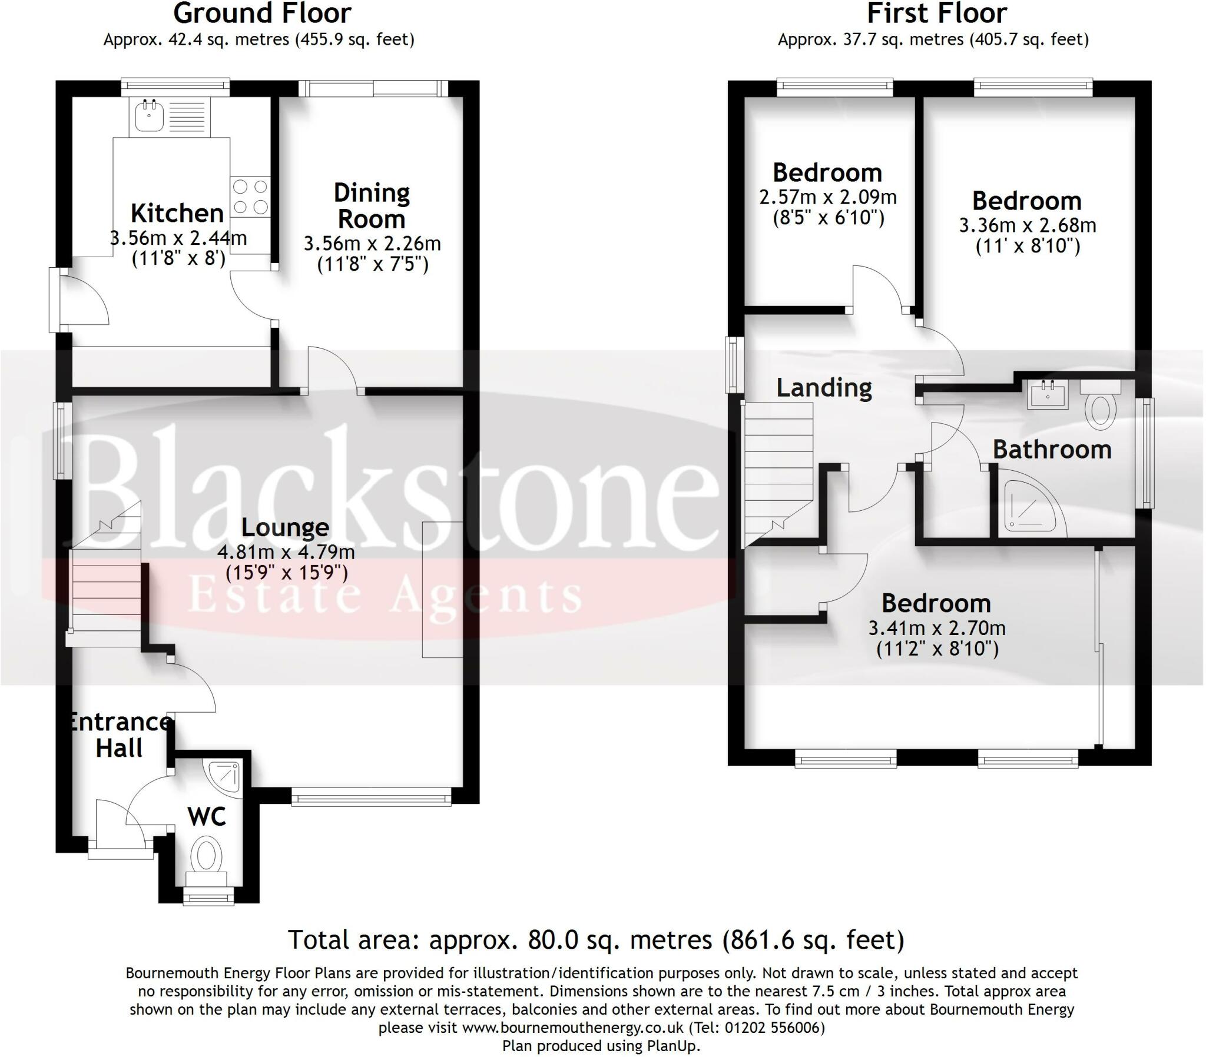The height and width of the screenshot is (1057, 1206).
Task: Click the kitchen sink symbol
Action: [149, 116]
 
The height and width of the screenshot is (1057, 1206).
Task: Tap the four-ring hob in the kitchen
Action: [250, 197]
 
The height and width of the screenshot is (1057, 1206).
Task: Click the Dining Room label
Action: [371, 206]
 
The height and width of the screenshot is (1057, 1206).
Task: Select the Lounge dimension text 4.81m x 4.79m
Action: [286, 552]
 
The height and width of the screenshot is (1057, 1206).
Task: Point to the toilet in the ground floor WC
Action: [206, 856]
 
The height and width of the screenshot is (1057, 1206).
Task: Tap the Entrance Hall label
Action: [120, 735]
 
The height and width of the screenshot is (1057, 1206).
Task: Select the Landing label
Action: [824, 387]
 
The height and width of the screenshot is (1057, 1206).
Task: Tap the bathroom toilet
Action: [1100, 407]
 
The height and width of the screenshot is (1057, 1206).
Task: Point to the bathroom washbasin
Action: [1048, 394]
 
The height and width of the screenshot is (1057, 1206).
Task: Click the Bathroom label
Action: [1052, 450]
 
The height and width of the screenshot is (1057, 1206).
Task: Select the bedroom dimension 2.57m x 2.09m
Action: [828, 197]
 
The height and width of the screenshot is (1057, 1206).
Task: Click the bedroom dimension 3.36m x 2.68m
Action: [1027, 225]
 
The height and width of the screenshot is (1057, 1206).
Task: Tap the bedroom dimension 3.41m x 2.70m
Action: [937, 627]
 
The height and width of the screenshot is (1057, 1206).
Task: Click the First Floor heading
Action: [937, 14]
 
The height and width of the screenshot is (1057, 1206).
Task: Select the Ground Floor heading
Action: [262, 14]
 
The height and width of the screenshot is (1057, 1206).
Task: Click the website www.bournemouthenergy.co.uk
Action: [573, 1028]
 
